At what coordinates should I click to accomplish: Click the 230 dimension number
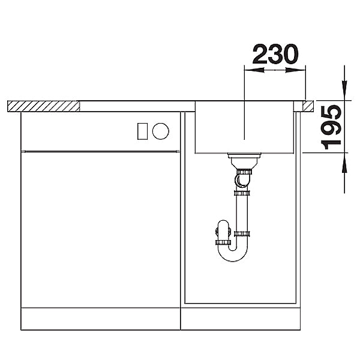click(275, 54)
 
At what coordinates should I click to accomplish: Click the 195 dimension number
click(331, 127)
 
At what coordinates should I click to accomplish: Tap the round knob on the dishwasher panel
click(161, 131)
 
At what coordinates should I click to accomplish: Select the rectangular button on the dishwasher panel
click(142, 131)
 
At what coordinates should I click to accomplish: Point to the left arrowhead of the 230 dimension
click(254, 70)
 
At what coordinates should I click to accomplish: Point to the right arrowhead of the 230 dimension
click(295, 70)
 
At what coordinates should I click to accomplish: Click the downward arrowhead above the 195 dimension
click(344, 88)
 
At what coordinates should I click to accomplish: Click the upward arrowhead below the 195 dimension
click(344, 166)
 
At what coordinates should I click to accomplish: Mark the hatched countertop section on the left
click(44, 106)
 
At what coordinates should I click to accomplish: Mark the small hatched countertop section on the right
click(308, 106)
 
